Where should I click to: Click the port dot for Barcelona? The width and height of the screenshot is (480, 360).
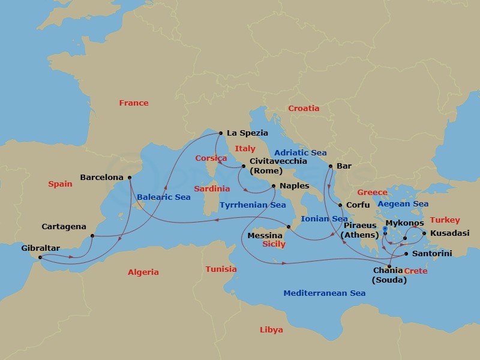tap(130, 178)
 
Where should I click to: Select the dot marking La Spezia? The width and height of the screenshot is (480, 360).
tap(220, 133)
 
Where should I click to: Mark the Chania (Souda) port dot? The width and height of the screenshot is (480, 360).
tap(391, 266)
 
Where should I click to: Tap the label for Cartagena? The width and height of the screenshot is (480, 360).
tap(64, 227)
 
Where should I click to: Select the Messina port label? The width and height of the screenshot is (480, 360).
tap(265, 236)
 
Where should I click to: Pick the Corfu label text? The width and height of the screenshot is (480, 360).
tap(358, 205)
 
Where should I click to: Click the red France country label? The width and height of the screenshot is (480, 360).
tap(133, 103)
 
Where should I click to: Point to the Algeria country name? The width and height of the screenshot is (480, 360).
tap(143, 272)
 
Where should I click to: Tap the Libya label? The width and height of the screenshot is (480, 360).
tap(271, 330)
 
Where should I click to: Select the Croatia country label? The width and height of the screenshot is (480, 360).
tap(304, 109)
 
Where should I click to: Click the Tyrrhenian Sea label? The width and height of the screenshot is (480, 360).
tap(253, 205)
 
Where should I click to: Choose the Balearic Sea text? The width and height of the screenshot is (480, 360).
tap(163, 197)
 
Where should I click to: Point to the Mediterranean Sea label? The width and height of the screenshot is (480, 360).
tap(325, 293)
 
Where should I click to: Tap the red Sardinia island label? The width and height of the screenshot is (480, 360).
tap(212, 189)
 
